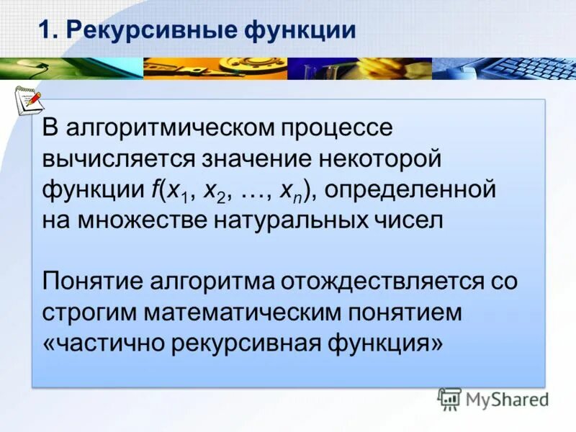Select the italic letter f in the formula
click(x=154, y=189)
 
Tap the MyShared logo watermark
click(x=494, y=398)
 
